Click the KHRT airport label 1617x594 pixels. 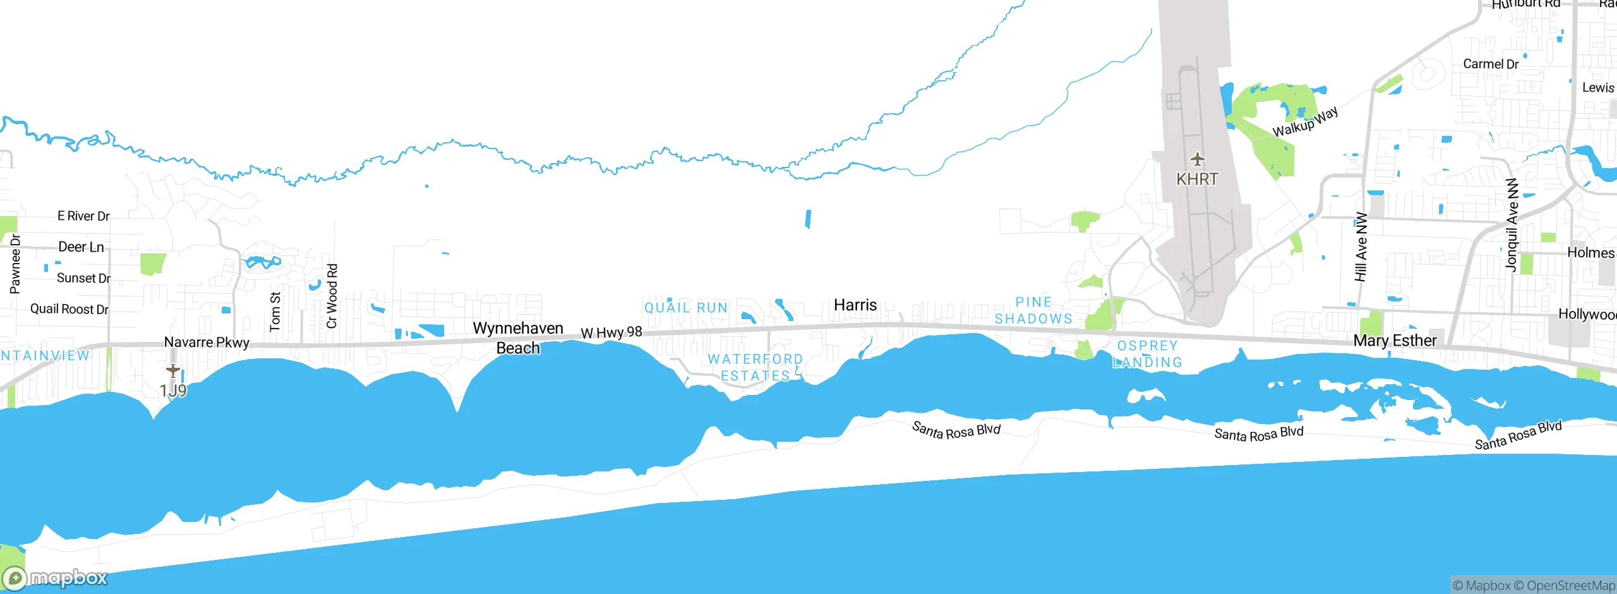pos(1197,179)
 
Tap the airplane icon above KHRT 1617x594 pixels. pos(1197,159)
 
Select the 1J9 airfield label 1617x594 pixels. pos(173,391)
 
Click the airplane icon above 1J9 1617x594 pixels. pos(173,370)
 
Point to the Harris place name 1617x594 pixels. pos(855,305)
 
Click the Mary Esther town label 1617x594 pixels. pos(1395,341)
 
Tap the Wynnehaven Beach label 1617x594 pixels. pos(518,338)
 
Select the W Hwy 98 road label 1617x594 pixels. pos(611,332)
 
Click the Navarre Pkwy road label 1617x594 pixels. pos(207,342)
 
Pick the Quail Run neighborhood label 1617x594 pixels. pos(686,308)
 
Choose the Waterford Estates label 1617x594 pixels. pos(755,367)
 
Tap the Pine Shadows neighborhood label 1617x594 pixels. pos(1034,310)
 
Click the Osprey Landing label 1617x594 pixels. pos(1147,354)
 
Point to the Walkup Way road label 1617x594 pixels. pos(1305,122)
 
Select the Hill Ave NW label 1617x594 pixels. pos(1361,247)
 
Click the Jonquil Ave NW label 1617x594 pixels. pos(1512,225)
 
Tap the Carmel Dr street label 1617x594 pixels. pos(1491,64)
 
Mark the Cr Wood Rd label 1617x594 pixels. pos(332,296)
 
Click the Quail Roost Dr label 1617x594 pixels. pos(69,309)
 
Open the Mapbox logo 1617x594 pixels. pos(56,578)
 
